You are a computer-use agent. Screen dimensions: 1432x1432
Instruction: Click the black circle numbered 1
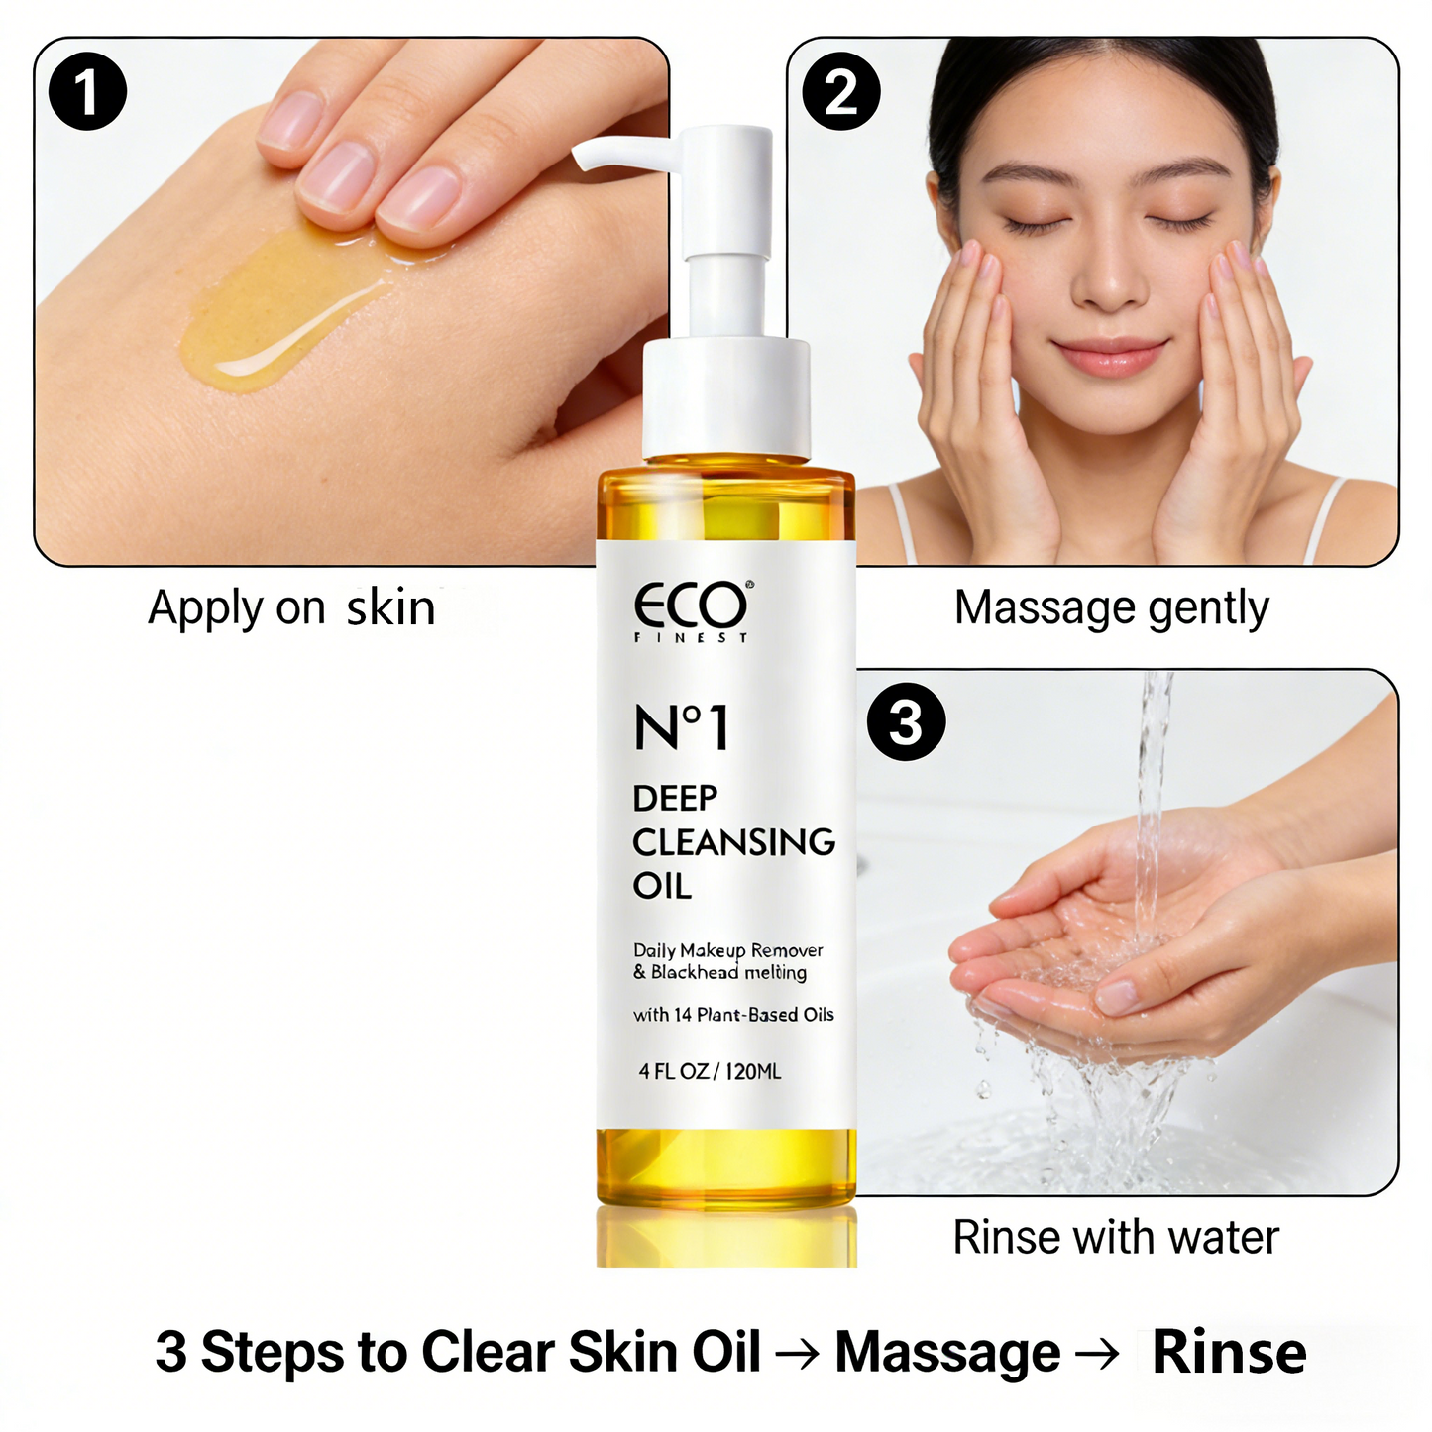pyautogui.click(x=87, y=91)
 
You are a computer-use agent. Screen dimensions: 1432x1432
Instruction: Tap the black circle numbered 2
pyautogui.click(x=840, y=91)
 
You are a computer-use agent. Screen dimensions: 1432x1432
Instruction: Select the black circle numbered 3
pyautogui.click(x=906, y=721)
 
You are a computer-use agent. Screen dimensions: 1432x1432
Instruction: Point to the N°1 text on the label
pyautogui.click(x=682, y=728)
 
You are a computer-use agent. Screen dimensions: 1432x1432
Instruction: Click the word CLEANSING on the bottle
pyautogui.click(x=733, y=842)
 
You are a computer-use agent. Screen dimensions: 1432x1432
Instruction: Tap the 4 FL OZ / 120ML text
pyautogui.click(x=710, y=1071)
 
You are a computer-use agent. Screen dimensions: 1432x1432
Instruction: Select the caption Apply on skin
pyautogui.click(x=291, y=607)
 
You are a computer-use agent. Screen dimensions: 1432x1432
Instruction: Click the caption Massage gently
pyautogui.click(x=1111, y=607)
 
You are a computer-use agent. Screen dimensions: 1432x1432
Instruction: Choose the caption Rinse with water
pyautogui.click(x=1116, y=1237)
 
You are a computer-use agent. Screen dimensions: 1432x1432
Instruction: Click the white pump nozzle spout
pyautogui.click(x=614, y=152)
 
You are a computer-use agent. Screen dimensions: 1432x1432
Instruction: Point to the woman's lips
pyautogui.click(x=1109, y=355)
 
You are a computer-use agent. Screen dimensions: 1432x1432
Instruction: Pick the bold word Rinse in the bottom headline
pyautogui.click(x=1229, y=1352)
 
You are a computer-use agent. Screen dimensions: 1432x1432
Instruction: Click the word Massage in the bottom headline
pyautogui.click(x=947, y=1352)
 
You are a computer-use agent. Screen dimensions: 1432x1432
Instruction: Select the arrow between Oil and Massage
pyautogui.click(x=798, y=1354)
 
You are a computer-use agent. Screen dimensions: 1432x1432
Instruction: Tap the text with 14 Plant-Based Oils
pyautogui.click(x=733, y=1014)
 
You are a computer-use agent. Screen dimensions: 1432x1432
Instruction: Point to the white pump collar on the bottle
pyautogui.click(x=726, y=396)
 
